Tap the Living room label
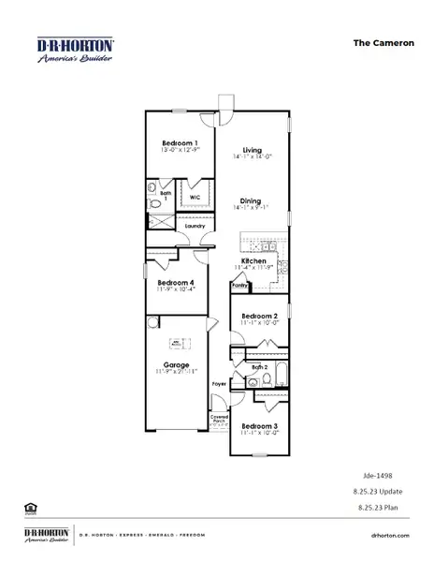tap(252, 150)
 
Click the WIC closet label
tap(195, 198)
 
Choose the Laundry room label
tap(195, 226)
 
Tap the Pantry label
tap(239, 286)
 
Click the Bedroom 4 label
tap(176, 283)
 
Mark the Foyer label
tap(219, 384)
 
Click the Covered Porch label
tap(219, 418)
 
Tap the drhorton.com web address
tap(391, 534)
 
